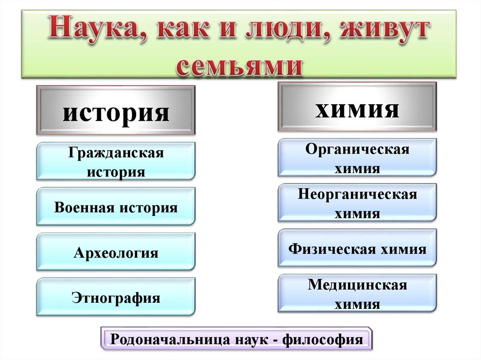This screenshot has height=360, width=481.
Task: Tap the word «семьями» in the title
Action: coord(240,66)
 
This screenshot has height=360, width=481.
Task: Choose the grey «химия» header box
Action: coord(357,109)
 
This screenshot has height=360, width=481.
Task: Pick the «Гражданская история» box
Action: coord(116,162)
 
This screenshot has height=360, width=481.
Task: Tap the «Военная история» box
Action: coord(116,207)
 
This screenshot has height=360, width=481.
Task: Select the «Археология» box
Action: coord(116,253)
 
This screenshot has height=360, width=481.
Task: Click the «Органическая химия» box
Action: coord(357,158)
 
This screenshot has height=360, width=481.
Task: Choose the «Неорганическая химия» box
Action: coord(357,203)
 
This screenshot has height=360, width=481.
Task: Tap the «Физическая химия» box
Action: coord(357,248)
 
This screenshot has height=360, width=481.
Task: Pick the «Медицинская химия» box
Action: coord(357,294)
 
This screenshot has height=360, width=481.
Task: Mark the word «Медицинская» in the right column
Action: coord(357,285)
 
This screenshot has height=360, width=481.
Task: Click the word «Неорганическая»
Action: coord(357,194)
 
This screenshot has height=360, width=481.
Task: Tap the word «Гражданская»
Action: coord(116,153)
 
